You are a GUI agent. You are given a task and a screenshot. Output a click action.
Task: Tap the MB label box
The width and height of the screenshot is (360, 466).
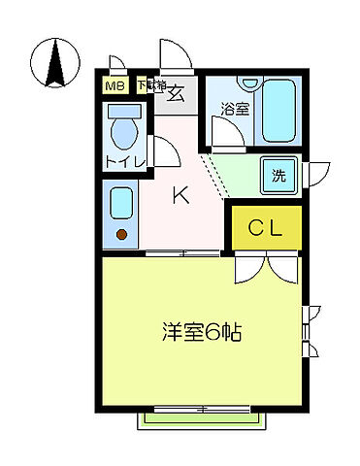tap(115, 86)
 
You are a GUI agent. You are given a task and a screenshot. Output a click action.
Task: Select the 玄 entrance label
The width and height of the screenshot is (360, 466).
tap(178, 93)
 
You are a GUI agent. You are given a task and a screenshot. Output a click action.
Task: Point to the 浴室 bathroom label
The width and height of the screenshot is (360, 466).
tap(233, 109)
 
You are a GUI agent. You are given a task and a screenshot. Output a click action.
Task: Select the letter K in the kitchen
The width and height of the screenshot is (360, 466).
tap(180, 195)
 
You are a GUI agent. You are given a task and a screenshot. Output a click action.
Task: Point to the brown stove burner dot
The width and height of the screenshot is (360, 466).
tap(122, 233)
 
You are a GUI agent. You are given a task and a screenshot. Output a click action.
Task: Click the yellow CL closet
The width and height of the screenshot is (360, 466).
tap(265, 229)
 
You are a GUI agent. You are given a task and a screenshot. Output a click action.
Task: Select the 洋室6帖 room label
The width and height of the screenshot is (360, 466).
tap(201, 332)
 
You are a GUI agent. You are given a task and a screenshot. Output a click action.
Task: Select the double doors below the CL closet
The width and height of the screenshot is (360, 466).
tap(265, 267)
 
